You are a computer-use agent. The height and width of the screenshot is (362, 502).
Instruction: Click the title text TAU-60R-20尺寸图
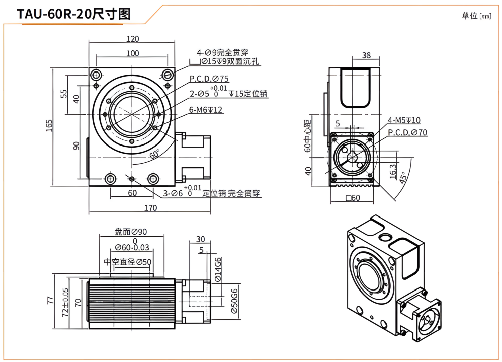coord(73,14)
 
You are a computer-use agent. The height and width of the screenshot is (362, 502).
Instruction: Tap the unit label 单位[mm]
coord(476,16)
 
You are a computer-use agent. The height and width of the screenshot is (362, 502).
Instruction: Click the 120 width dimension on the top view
coord(133,39)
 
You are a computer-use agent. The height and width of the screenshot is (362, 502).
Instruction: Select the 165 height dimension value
coord(49,125)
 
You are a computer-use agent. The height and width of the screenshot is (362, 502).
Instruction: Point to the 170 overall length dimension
coord(150,208)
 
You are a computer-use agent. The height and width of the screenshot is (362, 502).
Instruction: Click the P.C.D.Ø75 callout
coord(209,79)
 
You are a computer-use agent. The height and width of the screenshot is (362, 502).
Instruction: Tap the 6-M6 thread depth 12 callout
coord(206,110)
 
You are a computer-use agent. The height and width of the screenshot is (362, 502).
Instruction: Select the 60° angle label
coord(155,154)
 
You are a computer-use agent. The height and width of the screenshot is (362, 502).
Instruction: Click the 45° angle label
coord(403,177)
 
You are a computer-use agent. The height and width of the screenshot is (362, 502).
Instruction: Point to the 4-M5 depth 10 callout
coord(404,120)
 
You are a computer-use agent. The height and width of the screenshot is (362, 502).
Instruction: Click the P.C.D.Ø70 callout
coord(407,132)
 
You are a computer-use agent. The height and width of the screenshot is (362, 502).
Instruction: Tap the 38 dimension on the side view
coord(366,55)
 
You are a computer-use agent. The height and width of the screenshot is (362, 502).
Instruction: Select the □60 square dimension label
coord(353,198)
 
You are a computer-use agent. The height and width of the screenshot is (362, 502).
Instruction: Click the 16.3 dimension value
coord(393,171)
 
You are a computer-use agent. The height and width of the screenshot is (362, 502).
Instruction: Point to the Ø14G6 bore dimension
coord(218,269)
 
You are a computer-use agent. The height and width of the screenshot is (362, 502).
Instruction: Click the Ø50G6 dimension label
coord(234,301)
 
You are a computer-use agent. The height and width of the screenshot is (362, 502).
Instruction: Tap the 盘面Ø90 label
coord(131,232)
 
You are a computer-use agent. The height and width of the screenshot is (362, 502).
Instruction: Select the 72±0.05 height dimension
coord(65,303)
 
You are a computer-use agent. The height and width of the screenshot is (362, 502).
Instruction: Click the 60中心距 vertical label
coord(307,136)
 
